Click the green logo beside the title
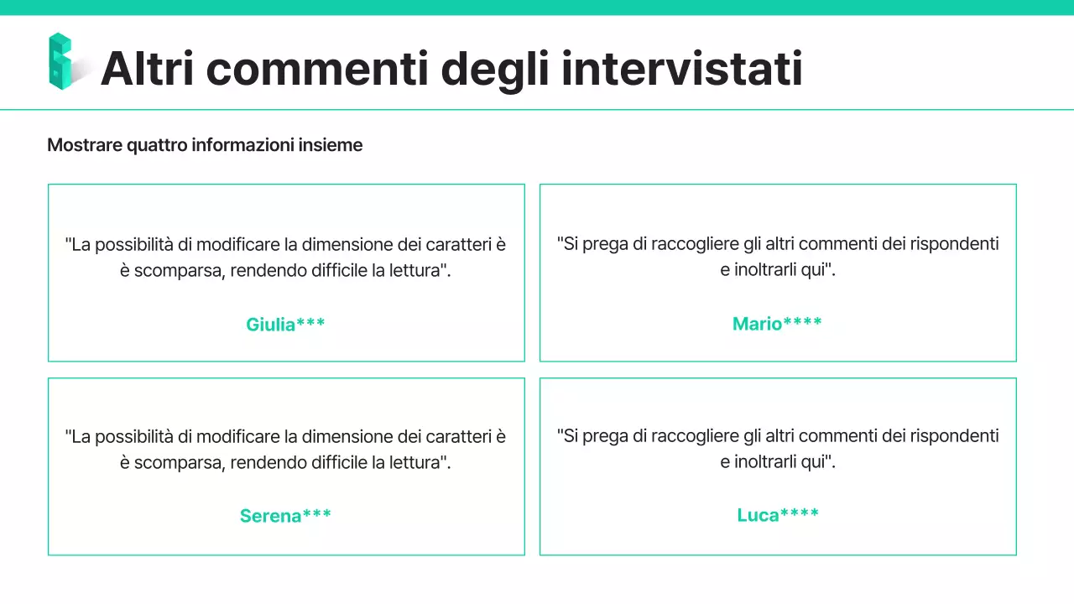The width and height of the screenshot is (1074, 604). tap(61, 61)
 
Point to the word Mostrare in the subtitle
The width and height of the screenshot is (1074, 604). tap(84, 145)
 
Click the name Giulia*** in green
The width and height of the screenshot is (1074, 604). tap(285, 325)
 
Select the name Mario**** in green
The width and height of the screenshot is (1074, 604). tap(777, 324)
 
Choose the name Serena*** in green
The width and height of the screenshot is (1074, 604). tap(285, 516)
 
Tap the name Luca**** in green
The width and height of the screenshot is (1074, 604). tap(778, 515)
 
